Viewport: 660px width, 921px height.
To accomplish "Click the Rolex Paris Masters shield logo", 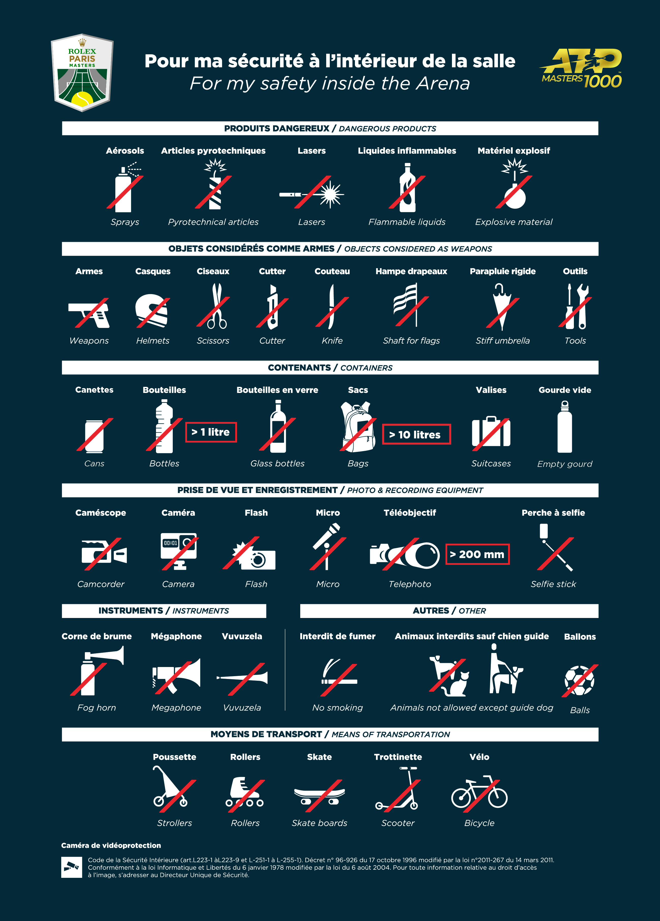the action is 82,72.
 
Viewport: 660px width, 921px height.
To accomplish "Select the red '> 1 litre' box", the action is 211,432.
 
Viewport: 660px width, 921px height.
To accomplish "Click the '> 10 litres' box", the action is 416,435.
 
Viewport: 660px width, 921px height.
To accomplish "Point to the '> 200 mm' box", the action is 477,554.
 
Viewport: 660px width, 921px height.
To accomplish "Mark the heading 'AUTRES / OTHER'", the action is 449,611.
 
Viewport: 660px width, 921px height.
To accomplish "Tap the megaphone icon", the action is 176,676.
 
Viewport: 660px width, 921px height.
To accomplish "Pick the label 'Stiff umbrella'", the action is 502,341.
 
